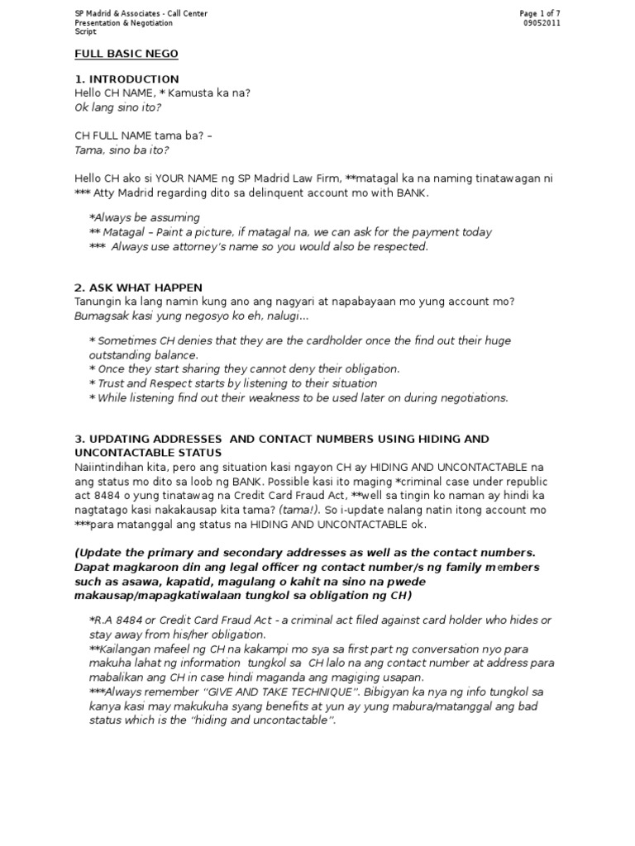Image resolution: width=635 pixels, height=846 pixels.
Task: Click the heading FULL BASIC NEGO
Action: click(126, 54)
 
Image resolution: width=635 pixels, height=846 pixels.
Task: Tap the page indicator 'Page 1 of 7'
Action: click(545, 14)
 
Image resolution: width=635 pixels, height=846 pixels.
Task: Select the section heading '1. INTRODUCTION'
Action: click(127, 79)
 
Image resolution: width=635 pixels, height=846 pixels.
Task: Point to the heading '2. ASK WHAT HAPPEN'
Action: click(138, 288)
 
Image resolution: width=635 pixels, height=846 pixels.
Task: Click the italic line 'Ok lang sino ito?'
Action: click(117, 107)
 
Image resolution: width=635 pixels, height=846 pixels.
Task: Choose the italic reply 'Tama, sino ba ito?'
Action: click(122, 150)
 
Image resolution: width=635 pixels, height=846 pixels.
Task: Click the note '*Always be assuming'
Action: click(144, 217)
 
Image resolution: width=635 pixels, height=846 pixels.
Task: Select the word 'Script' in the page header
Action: click(86, 32)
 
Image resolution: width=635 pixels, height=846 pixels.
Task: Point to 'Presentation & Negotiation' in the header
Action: click(124, 23)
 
